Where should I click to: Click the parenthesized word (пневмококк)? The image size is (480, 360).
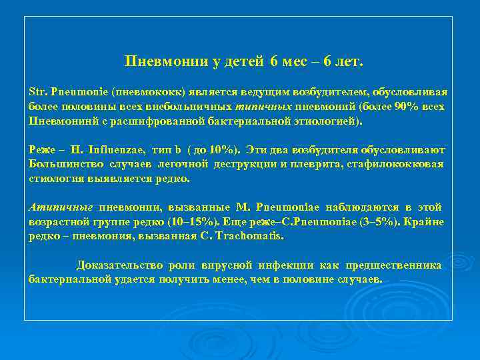pos(142,91)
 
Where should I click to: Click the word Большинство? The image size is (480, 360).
pos(63,165)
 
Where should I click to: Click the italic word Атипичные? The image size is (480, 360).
pos(61,207)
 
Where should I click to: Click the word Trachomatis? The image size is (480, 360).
pos(253,237)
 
